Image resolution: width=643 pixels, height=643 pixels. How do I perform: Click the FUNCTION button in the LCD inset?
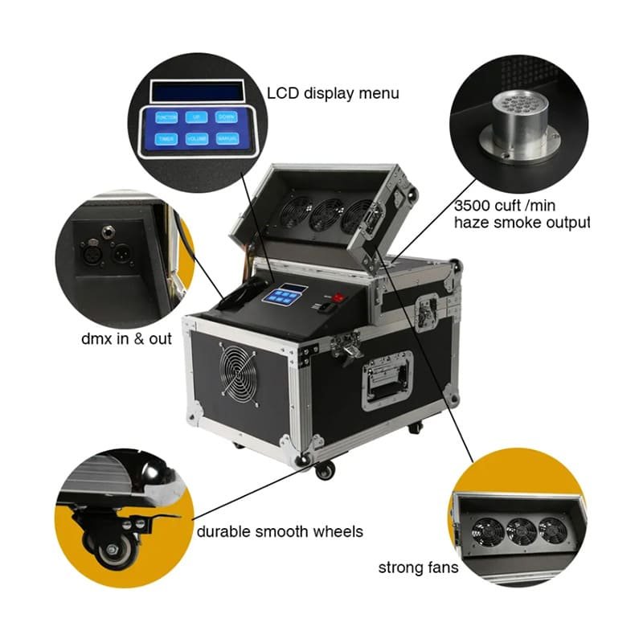pyautogui.click(x=166, y=117)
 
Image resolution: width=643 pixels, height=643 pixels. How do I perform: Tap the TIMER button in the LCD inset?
pyautogui.click(x=166, y=139)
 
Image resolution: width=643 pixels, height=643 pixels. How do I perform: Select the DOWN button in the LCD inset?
pyautogui.click(x=226, y=117)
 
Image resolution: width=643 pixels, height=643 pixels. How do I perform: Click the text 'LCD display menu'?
pyautogui.click(x=334, y=94)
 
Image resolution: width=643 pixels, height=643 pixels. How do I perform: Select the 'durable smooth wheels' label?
pyautogui.click(x=280, y=531)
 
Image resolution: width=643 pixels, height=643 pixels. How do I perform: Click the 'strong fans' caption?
pyautogui.click(x=419, y=568)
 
